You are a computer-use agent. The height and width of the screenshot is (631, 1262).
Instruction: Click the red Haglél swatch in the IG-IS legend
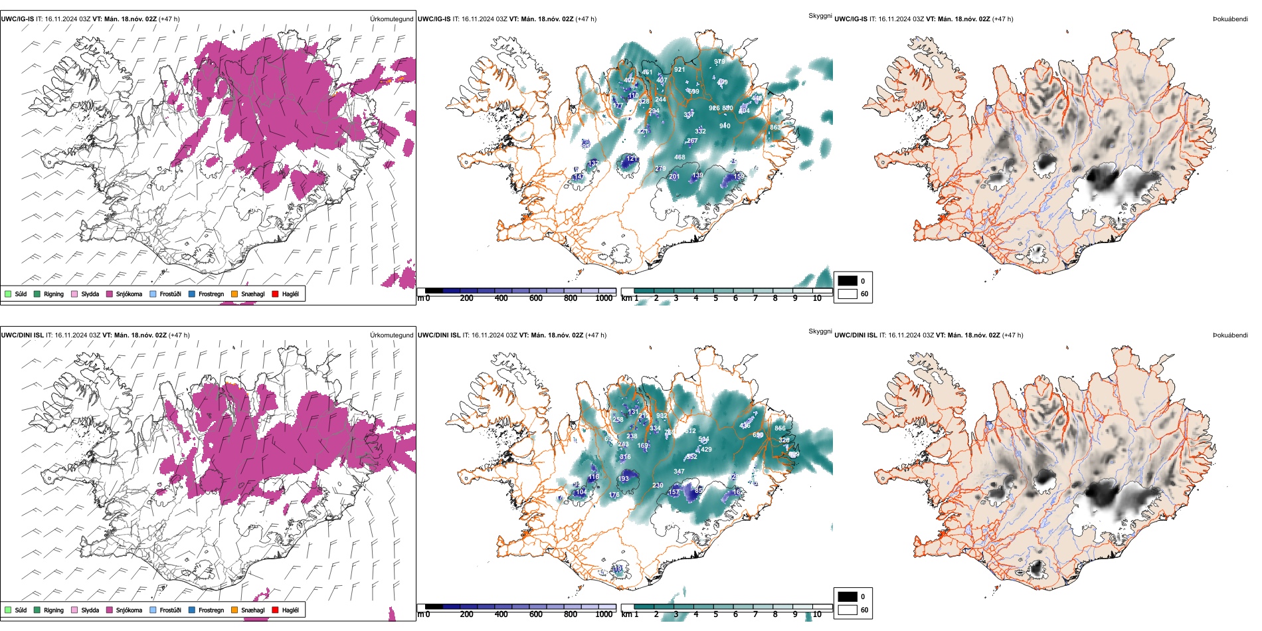[x=276, y=294]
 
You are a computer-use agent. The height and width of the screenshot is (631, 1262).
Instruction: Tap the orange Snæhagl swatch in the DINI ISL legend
[x=234, y=610]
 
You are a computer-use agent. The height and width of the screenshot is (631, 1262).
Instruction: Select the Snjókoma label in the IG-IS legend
[x=129, y=294]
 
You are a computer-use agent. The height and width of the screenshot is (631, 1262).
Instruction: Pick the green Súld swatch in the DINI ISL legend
[x=8, y=610]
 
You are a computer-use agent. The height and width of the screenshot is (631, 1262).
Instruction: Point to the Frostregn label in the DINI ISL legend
[x=211, y=610]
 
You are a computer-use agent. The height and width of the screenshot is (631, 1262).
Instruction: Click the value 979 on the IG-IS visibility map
[x=719, y=62]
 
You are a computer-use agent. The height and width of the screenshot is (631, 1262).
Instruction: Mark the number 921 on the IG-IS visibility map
[x=679, y=70]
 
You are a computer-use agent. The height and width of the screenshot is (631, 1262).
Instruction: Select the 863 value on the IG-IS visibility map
[x=775, y=128]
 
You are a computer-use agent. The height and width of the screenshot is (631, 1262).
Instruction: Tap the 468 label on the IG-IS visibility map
[x=679, y=157]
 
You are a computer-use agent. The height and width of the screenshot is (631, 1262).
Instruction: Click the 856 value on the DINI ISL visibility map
[x=780, y=428]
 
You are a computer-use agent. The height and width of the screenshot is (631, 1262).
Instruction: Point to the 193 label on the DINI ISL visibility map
[x=623, y=479]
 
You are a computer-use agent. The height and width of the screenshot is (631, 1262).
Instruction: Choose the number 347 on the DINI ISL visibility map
[x=678, y=472]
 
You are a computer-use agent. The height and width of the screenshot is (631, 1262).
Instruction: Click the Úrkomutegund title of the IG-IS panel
[x=391, y=19]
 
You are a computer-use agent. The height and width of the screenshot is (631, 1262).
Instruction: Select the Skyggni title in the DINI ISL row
[x=820, y=331]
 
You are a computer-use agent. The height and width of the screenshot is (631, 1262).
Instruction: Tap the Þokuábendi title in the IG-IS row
[x=1230, y=19]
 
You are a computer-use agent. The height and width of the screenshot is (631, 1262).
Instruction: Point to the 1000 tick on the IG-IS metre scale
[x=604, y=298]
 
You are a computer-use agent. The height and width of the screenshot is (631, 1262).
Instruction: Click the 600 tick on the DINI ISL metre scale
[x=535, y=614]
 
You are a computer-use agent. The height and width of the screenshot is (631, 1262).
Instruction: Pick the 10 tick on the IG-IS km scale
[x=817, y=298]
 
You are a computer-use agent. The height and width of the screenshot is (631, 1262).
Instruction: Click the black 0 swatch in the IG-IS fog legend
[x=848, y=281]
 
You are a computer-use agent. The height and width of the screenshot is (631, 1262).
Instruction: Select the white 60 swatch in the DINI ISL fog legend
[x=848, y=610]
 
